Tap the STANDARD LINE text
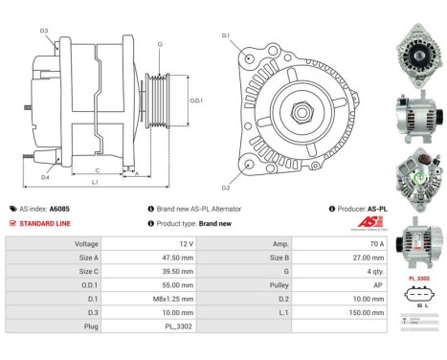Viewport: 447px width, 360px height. [x=47, y=222]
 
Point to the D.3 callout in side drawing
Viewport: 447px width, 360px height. [x=45, y=31]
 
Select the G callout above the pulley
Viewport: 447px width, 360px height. [x=159, y=44]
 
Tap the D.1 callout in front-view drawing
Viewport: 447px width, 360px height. [x=226, y=35]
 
